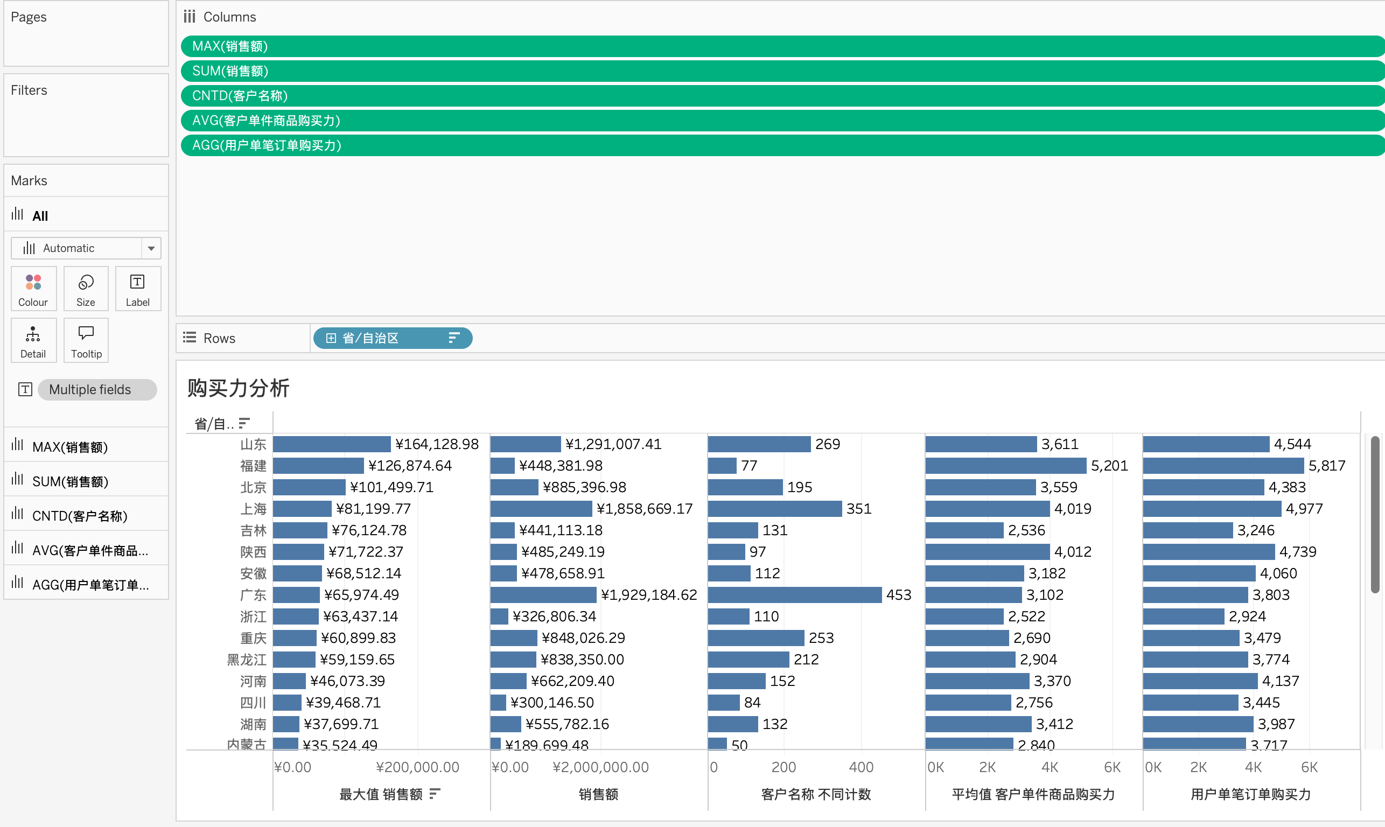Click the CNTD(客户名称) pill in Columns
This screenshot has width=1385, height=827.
click(240, 96)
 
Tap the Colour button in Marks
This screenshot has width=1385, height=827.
click(33, 289)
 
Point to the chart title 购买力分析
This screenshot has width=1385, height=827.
click(239, 388)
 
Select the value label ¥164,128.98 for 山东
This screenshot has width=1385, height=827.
click(437, 444)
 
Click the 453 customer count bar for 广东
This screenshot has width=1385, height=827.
click(794, 594)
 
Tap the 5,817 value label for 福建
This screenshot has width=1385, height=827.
click(1326, 466)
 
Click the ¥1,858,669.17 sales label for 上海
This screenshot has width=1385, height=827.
click(644, 509)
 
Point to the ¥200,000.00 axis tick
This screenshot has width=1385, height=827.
click(417, 767)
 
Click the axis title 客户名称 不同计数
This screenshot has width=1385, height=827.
click(816, 794)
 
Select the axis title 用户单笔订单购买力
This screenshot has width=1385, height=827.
click(1251, 794)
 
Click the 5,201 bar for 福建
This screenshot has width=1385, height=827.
click(1005, 466)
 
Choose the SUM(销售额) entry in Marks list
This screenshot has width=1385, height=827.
click(70, 481)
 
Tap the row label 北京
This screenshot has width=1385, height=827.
click(253, 488)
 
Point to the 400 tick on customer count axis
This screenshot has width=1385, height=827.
click(861, 767)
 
